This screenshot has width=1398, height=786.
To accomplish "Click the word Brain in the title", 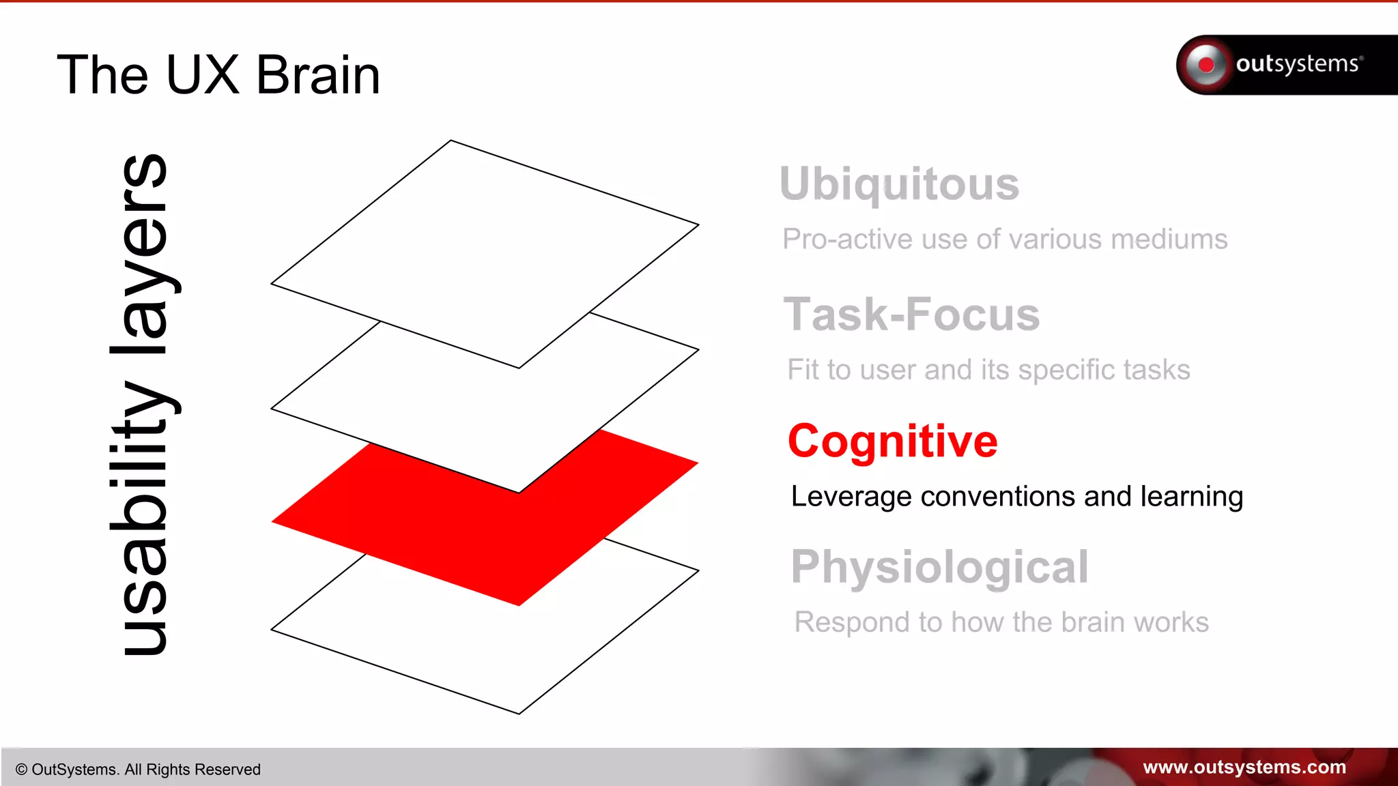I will [x=317, y=75].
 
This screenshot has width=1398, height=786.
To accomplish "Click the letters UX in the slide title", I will [x=203, y=75].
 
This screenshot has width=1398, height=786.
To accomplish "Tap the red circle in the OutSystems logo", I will [x=1206, y=65].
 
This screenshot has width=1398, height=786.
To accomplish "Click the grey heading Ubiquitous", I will [x=899, y=184].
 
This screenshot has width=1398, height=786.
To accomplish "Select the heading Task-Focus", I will [x=911, y=315].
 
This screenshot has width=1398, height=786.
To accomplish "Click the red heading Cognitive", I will [x=892, y=441].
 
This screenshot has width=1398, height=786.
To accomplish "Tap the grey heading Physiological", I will [x=939, y=567].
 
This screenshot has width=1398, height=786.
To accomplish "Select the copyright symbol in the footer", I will [x=21, y=770].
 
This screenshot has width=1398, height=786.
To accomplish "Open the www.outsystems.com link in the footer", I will [x=1244, y=767].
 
